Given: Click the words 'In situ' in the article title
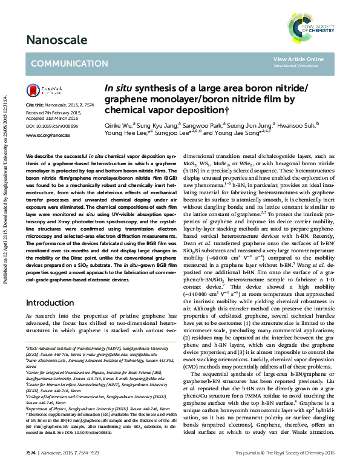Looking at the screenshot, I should (119, 90).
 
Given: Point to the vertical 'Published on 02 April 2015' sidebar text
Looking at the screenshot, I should (5, 163).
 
